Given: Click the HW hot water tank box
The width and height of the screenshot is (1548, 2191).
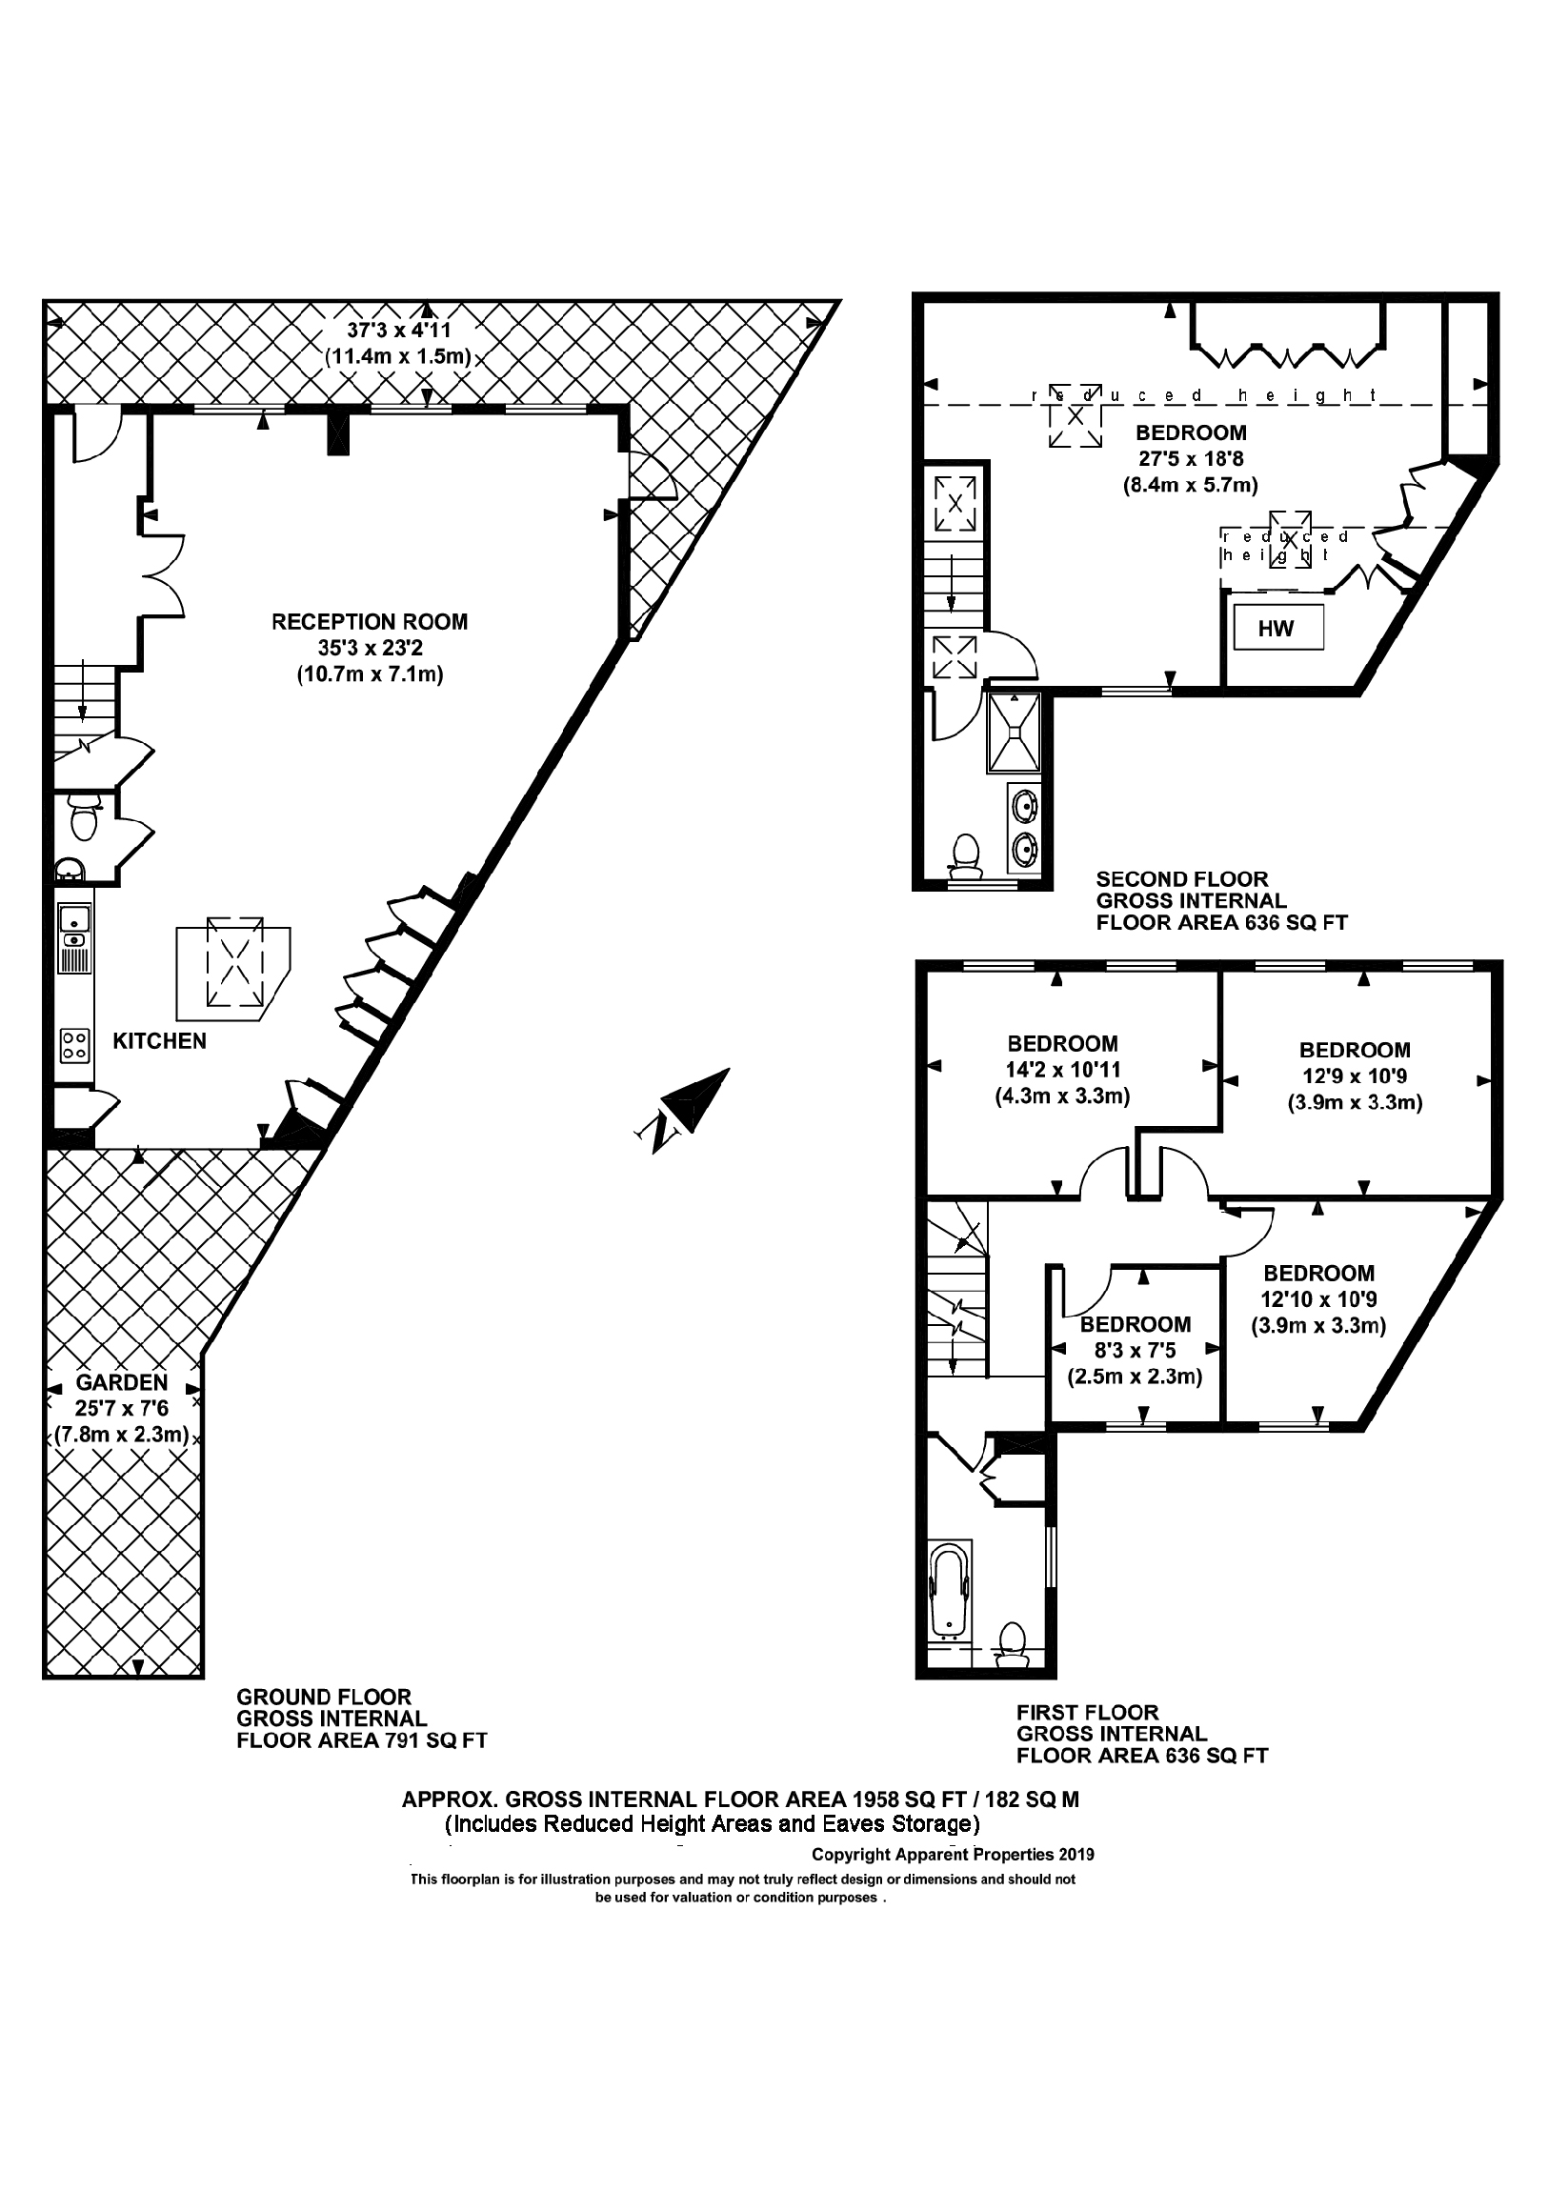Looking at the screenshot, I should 1276,628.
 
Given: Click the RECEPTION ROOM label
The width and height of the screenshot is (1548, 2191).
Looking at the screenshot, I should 370,622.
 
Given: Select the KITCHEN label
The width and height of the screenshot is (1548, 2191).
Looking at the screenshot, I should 159,1041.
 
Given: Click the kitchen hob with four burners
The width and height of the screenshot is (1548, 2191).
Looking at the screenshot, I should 74,1044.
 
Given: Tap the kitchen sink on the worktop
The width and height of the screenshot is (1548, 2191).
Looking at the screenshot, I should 73,920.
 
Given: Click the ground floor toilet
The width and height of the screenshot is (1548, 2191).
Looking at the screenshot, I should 83,817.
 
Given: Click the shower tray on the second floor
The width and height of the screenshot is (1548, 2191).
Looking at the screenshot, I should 1015,732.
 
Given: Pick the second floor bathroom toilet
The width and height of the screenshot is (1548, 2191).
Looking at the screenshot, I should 966,854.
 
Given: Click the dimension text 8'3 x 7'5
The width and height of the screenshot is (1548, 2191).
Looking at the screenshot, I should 1135,1350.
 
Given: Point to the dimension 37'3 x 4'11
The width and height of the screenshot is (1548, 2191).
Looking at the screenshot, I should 398,332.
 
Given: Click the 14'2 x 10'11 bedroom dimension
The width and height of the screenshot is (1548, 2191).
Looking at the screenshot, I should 1062,1070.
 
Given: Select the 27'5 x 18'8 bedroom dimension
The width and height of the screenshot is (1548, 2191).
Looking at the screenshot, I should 1190,459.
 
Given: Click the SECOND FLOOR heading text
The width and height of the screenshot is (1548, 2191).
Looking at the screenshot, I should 1181,879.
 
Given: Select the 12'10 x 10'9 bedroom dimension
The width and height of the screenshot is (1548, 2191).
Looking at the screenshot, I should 1318,1298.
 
